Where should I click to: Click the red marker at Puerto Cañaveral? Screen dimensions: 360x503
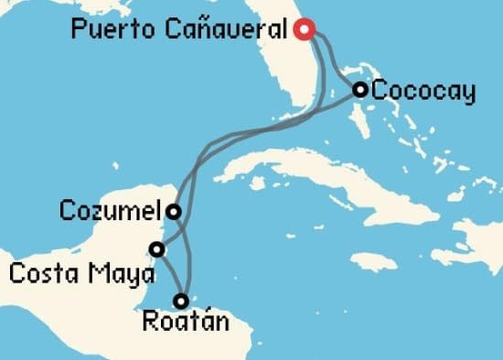tap(306, 30)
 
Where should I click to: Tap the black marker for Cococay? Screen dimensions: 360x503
tap(360, 90)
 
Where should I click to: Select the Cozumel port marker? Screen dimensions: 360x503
tap(173, 212)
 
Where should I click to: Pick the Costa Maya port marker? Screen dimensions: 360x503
tap(157, 249)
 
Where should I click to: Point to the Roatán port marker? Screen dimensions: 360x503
tap(181, 300)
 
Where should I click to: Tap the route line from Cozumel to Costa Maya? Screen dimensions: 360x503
tap(166, 229)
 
